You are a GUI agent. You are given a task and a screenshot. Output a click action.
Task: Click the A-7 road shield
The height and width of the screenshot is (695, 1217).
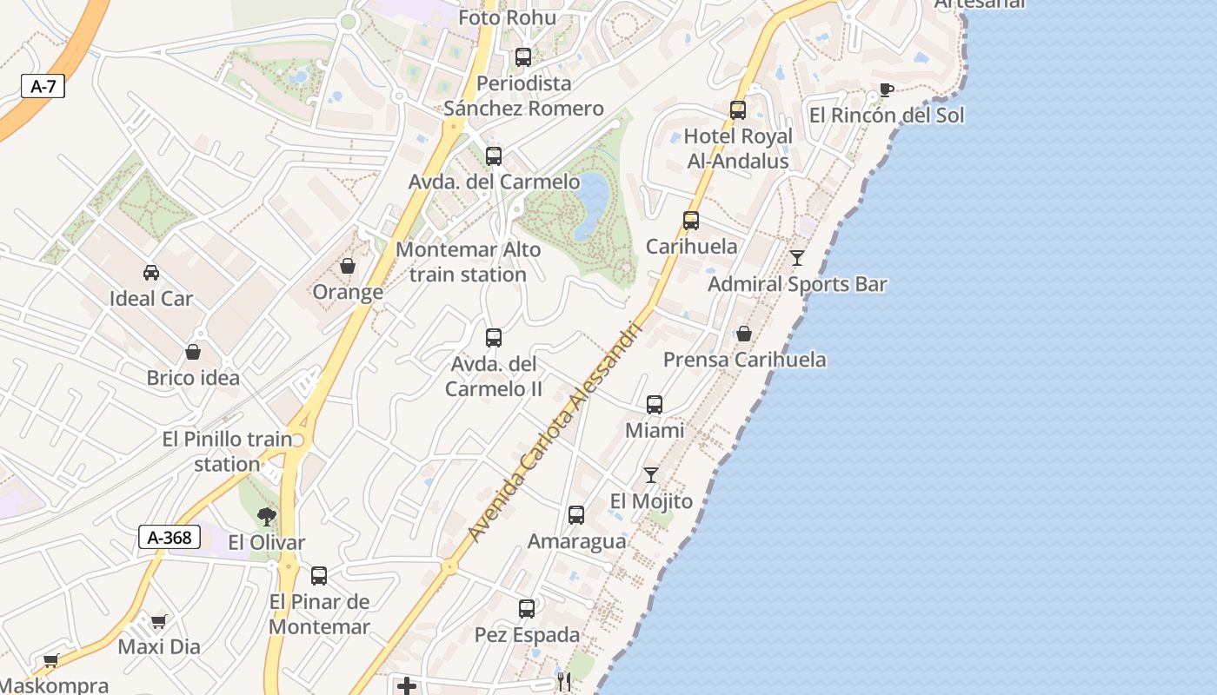(x=43, y=86)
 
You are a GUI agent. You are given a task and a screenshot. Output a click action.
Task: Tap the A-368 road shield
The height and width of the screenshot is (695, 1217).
(x=170, y=537)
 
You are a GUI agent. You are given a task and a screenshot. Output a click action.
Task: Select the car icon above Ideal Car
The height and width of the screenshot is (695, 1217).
(x=151, y=273)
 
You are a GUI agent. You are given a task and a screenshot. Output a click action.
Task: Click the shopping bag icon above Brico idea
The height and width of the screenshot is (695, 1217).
(x=193, y=352)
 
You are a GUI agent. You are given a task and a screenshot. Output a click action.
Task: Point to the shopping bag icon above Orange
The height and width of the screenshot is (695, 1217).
(x=348, y=266)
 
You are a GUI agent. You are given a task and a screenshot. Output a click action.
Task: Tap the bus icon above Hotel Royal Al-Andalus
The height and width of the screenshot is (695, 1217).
(x=738, y=110)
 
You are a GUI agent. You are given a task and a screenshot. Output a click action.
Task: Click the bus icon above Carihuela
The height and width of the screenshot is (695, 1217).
(x=691, y=221)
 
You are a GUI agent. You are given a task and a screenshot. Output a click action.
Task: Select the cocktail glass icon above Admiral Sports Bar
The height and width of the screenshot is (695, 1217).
(x=797, y=258)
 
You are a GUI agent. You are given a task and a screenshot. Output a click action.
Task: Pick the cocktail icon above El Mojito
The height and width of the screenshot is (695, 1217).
(x=651, y=475)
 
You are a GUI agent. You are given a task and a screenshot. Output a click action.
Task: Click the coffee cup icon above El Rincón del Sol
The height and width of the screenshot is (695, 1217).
(x=886, y=89)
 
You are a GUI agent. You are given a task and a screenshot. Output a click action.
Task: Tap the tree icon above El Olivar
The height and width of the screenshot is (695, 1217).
(x=267, y=517)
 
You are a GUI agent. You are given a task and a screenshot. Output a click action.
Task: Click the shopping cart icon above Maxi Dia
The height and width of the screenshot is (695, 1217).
(x=158, y=621)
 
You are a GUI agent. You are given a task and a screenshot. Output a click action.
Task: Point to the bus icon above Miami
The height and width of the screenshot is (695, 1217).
(x=655, y=405)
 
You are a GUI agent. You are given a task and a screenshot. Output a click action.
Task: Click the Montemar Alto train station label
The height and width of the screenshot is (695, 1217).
(x=468, y=261)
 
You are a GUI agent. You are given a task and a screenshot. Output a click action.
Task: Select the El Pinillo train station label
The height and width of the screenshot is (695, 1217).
(x=228, y=451)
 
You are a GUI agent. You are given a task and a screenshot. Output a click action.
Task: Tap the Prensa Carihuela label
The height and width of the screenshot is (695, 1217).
(x=745, y=360)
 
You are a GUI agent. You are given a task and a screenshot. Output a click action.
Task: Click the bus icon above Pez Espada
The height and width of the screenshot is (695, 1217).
(x=527, y=609)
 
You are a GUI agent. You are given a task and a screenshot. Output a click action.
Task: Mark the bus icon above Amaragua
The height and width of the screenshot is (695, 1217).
(x=576, y=515)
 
